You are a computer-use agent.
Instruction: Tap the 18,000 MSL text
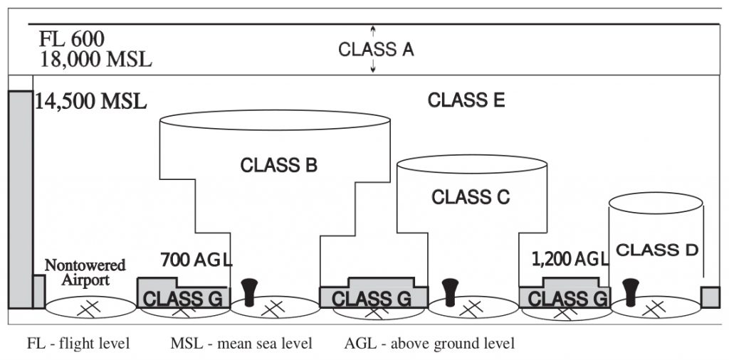(95, 59)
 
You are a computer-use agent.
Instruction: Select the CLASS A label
(375, 50)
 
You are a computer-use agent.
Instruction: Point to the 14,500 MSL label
(90, 101)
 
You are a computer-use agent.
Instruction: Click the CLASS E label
(466, 101)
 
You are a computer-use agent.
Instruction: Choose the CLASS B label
(278, 166)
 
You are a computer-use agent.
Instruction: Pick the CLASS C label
(471, 197)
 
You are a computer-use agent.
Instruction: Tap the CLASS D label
(657, 250)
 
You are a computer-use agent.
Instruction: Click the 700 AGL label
(196, 259)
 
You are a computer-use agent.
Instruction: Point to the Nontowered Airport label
(85, 272)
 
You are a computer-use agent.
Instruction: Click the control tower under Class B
(249, 292)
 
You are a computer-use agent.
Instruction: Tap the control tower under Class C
(449, 292)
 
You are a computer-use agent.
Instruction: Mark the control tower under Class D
(629, 292)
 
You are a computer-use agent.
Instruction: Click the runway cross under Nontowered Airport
(90, 308)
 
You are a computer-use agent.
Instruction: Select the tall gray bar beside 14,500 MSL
(20, 199)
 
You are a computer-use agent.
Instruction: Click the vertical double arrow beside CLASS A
(372, 50)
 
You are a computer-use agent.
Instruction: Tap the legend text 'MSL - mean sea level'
(241, 344)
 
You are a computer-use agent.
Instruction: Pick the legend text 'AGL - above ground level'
(429, 344)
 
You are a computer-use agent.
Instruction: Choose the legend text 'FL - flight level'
(78, 344)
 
